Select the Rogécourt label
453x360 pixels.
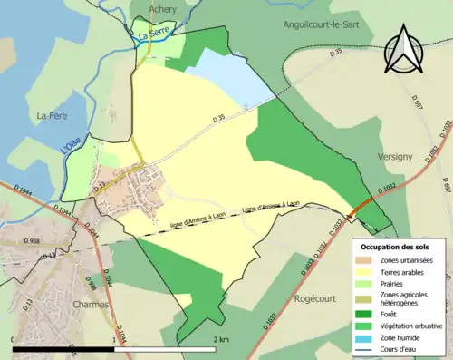(316, 294)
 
